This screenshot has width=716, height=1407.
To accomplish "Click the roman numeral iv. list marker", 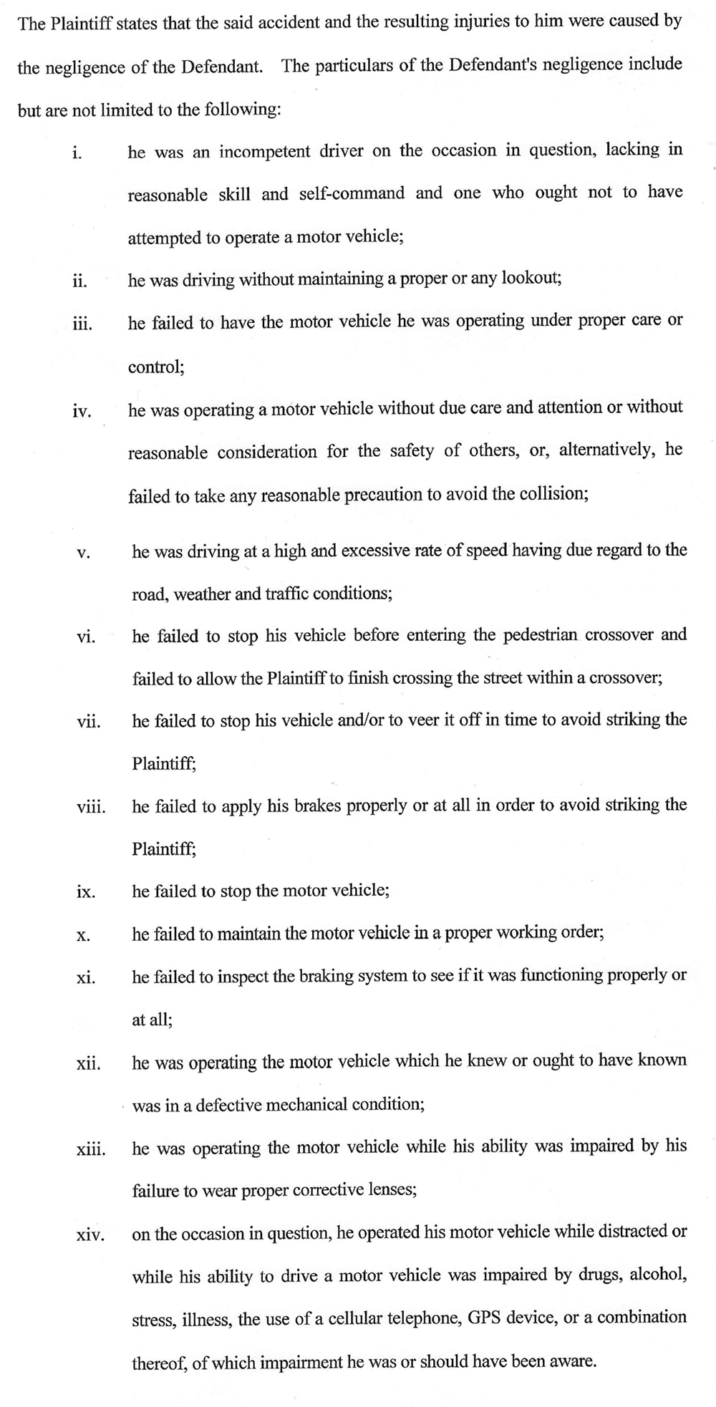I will coord(82,412).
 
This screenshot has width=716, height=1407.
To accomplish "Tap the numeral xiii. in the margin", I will coord(91,1150).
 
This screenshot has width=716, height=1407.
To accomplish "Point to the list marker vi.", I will coord(86,637).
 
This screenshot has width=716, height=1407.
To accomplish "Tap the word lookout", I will coord(531,279).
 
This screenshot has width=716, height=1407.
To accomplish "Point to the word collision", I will coord(556,495).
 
